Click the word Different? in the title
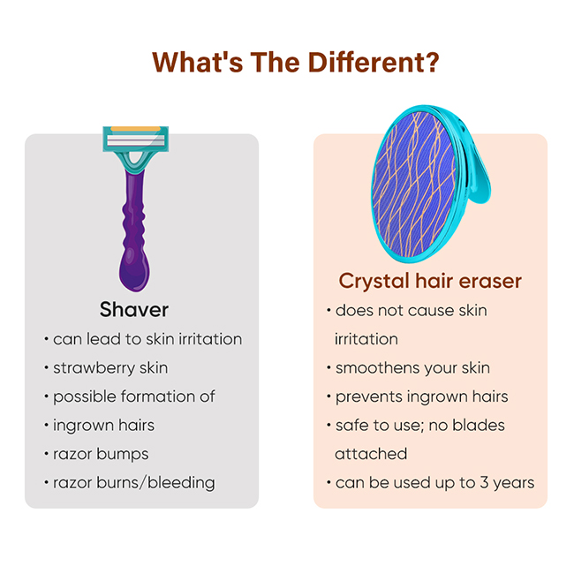tap(374, 62)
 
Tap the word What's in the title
tap(198, 62)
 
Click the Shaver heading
tap(134, 310)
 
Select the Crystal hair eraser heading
tap(430, 282)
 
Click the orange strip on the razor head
tap(135, 129)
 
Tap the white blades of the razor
tap(135, 140)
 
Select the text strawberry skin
tap(110, 368)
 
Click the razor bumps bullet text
tap(101, 455)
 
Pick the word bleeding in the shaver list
tap(181, 483)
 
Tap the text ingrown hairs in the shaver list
tap(103, 426)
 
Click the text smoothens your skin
tap(412, 368)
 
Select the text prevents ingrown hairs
tap(422, 397)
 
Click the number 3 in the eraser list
tap(484, 483)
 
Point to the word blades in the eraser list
tap(479, 426)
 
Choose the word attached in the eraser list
tap(371, 454)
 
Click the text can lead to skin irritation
tap(147, 339)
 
